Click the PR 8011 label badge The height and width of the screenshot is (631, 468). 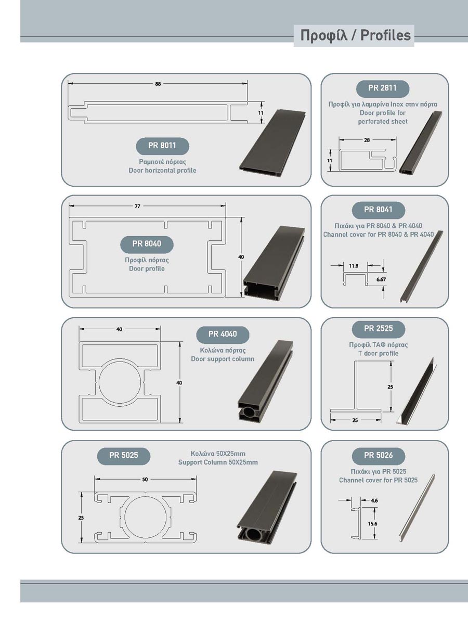click(x=162, y=146)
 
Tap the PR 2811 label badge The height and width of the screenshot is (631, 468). click(x=383, y=88)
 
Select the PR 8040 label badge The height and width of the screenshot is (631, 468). click(x=147, y=244)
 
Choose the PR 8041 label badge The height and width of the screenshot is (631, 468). click(x=379, y=210)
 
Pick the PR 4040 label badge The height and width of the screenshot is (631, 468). click(x=223, y=334)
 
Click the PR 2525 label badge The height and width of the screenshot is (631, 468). click(x=379, y=329)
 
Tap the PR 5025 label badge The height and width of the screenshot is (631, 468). click(x=123, y=456)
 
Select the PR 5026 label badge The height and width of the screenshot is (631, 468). click(x=379, y=456)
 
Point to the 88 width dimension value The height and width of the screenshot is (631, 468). click(x=158, y=84)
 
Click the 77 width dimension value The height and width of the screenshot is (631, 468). click(x=137, y=206)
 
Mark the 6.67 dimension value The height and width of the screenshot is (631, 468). click(x=381, y=280)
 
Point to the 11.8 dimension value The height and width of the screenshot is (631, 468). click(x=354, y=266)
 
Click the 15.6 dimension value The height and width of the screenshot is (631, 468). click(x=372, y=524)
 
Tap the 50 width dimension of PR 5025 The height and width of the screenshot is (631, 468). click(x=145, y=480)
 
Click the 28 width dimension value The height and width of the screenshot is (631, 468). click(x=367, y=140)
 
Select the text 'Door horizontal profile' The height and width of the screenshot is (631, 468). click(x=162, y=171)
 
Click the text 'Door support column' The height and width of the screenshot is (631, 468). click(x=223, y=359)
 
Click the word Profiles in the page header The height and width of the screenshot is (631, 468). click(x=385, y=35)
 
